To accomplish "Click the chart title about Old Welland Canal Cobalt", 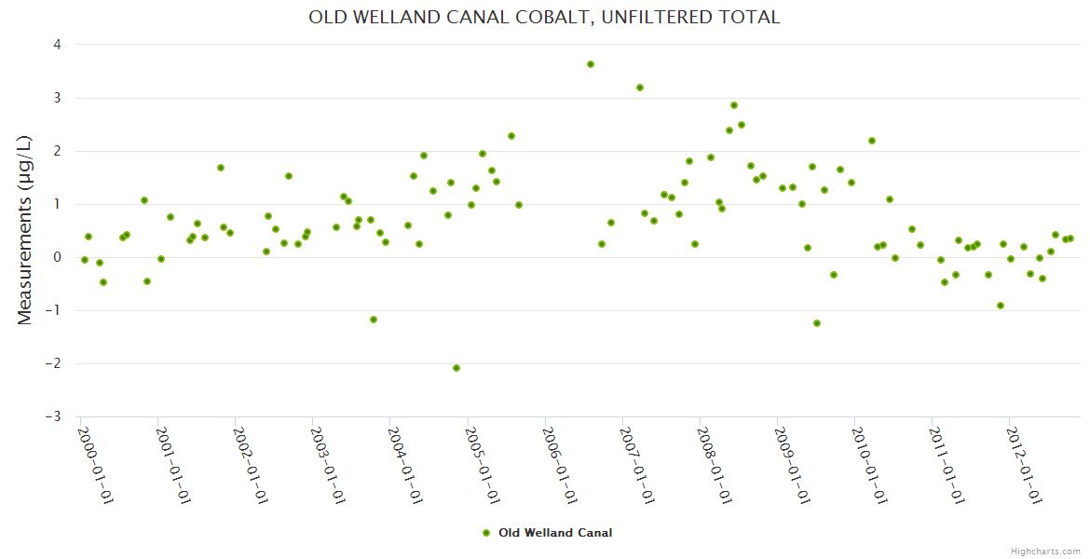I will (x=544, y=17).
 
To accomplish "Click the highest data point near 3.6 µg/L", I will (x=591, y=64).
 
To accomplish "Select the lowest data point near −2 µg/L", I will (x=456, y=368).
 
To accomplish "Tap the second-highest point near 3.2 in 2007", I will (x=640, y=88).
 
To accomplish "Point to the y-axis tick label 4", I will (x=58, y=45).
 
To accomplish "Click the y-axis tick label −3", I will (x=55, y=416).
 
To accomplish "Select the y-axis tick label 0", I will (x=58, y=257).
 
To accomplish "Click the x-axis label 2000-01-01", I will (x=95, y=466).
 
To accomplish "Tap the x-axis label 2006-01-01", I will (x=561, y=466).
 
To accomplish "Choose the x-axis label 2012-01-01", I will (x=1026, y=466).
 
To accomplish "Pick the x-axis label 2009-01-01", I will (x=793, y=466).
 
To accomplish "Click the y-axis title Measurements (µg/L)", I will (x=25, y=230).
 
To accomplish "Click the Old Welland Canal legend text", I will (x=555, y=533).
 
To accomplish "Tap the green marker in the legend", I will (x=485, y=533).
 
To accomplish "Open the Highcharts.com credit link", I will (x=1044, y=551).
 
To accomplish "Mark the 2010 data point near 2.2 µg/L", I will (x=872, y=141).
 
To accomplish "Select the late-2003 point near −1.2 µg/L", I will (x=374, y=320).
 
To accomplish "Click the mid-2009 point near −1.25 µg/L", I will (x=817, y=323).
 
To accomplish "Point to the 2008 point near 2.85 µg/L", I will (x=734, y=105).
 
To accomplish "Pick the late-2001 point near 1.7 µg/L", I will (x=221, y=168).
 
